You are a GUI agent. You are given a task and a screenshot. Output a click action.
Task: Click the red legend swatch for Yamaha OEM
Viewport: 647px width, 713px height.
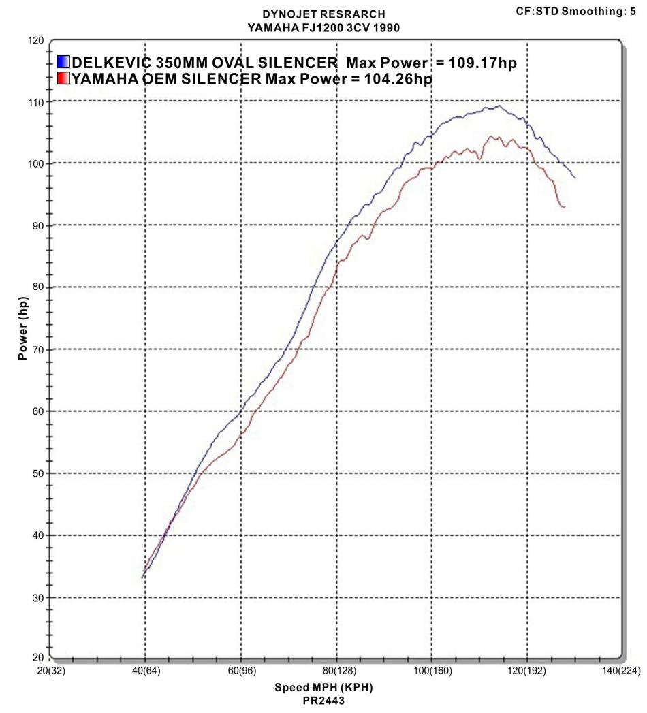click(x=64, y=79)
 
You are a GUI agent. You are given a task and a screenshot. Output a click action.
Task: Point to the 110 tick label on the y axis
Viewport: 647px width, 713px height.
click(x=35, y=102)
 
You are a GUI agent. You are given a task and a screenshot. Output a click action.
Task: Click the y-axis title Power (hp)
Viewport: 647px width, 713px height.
click(x=23, y=328)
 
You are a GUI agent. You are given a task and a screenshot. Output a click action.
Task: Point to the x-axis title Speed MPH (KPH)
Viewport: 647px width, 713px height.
click(x=323, y=687)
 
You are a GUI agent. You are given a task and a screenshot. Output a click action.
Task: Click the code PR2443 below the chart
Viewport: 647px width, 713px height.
click(x=323, y=699)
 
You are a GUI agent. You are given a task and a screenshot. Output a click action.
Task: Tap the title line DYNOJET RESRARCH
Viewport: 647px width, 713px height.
click(x=323, y=14)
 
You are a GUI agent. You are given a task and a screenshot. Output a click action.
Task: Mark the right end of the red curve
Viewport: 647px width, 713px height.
click(x=565, y=206)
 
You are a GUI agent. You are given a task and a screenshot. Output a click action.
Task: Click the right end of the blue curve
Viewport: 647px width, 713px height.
click(x=575, y=178)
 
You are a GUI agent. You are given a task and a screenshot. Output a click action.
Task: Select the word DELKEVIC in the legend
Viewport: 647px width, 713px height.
click(x=112, y=63)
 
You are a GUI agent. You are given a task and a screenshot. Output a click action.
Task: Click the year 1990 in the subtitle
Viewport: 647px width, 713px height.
click(x=384, y=27)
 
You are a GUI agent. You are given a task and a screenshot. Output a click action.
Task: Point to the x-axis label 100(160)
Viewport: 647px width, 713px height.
click(x=430, y=671)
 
